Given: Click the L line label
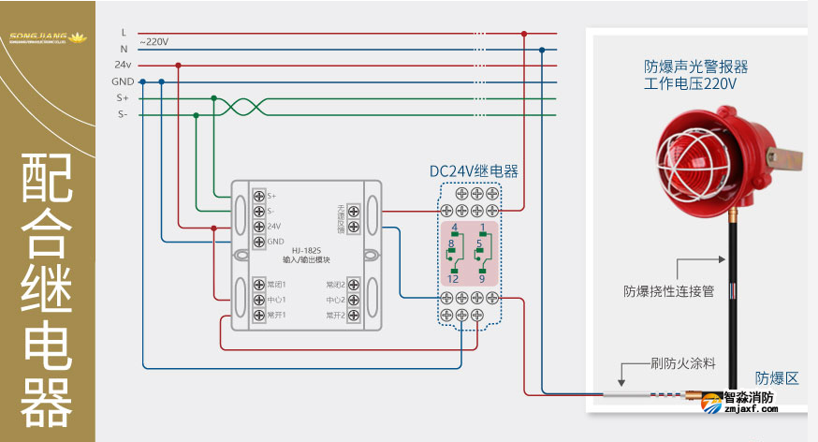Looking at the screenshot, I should tap(124, 33).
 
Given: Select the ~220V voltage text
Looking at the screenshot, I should tap(154, 42).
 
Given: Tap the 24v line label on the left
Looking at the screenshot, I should tap(123, 66).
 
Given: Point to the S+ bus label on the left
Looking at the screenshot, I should tap(123, 97).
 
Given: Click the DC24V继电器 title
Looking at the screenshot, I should tap(474, 171).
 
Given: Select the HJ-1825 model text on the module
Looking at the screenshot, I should tap(306, 250).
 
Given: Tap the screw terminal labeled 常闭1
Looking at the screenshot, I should tap(259, 284).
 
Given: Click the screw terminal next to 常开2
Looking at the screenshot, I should tap(354, 317).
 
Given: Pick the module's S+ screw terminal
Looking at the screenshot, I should tap(259, 195).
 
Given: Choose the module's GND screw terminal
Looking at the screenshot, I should tap(259, 242).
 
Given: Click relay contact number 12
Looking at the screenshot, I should tap(453, 279).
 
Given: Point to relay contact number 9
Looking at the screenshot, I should tap(482, 279).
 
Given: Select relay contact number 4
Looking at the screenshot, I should tap(454, 228).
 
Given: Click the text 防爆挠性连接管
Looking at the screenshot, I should tap(669, 291).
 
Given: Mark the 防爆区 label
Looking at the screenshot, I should tap(778, 378).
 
